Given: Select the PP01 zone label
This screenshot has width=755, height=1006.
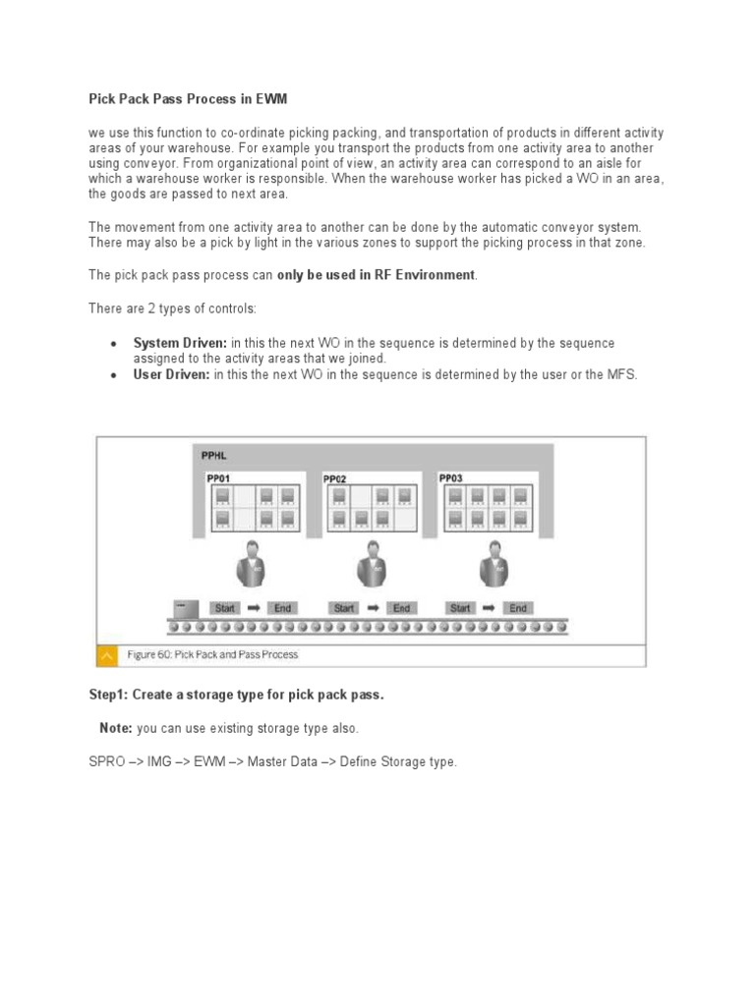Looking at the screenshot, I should pos(218,478).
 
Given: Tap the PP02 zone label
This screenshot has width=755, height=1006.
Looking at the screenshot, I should pos(335,479).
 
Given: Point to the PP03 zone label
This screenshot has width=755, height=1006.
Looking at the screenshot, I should pos(452,478).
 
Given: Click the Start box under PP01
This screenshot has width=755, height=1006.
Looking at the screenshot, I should pos(224,608).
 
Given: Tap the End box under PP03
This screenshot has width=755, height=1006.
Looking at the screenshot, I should pos(518,608).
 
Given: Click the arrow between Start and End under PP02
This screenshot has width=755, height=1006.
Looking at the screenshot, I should pos(373,608).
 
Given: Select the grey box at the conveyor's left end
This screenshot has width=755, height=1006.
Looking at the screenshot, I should pos(185,608).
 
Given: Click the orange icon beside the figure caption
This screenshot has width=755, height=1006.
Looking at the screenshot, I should pos(106,654).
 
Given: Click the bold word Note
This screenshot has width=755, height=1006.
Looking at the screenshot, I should pos(116,728).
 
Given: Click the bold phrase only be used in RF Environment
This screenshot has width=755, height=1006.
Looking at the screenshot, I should pos(376,275).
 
